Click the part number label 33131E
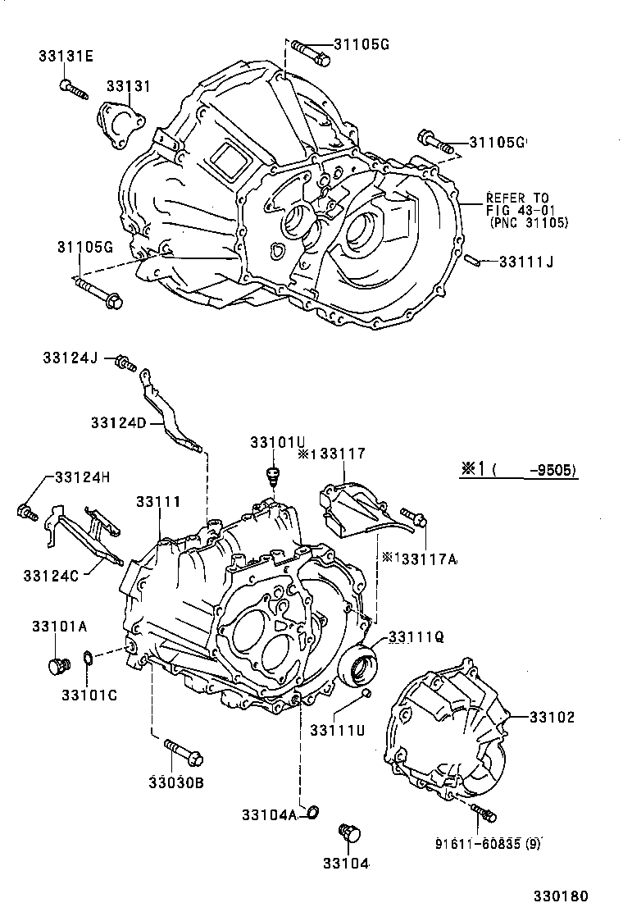(x=66, y=56)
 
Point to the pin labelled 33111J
(x=473, y=262)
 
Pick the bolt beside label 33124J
(x=125, y=362)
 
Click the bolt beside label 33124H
(x=25, y=513)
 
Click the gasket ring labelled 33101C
(x=88, y=659)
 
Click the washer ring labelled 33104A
(x=311, y=813)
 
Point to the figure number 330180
(x=562, y=896)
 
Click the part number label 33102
(x=551, y=717)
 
